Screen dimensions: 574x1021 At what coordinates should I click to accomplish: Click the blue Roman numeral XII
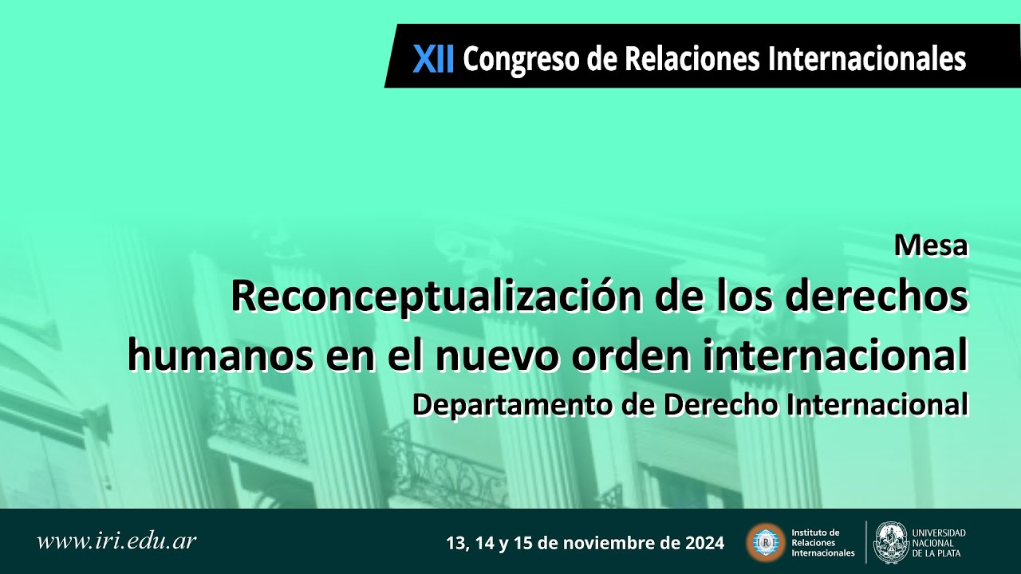click(x=433, y=59)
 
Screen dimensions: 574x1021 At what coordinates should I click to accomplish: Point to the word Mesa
click(x=931, y=246)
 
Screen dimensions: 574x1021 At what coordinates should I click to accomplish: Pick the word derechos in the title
click(x=877, y=297)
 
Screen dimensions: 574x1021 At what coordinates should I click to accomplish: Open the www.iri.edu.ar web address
click(x=116, y=541)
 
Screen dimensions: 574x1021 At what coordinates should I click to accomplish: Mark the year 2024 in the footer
click(x=704, y=544)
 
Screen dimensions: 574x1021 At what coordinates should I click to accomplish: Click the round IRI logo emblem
click(x=765, y=543)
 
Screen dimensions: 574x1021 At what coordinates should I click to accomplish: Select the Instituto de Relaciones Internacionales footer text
click(x=822, y=543)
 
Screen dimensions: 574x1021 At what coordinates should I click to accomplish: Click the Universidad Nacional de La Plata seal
click(x=890, y=542)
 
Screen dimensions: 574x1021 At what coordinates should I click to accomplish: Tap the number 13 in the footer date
click(x=455, y=544)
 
